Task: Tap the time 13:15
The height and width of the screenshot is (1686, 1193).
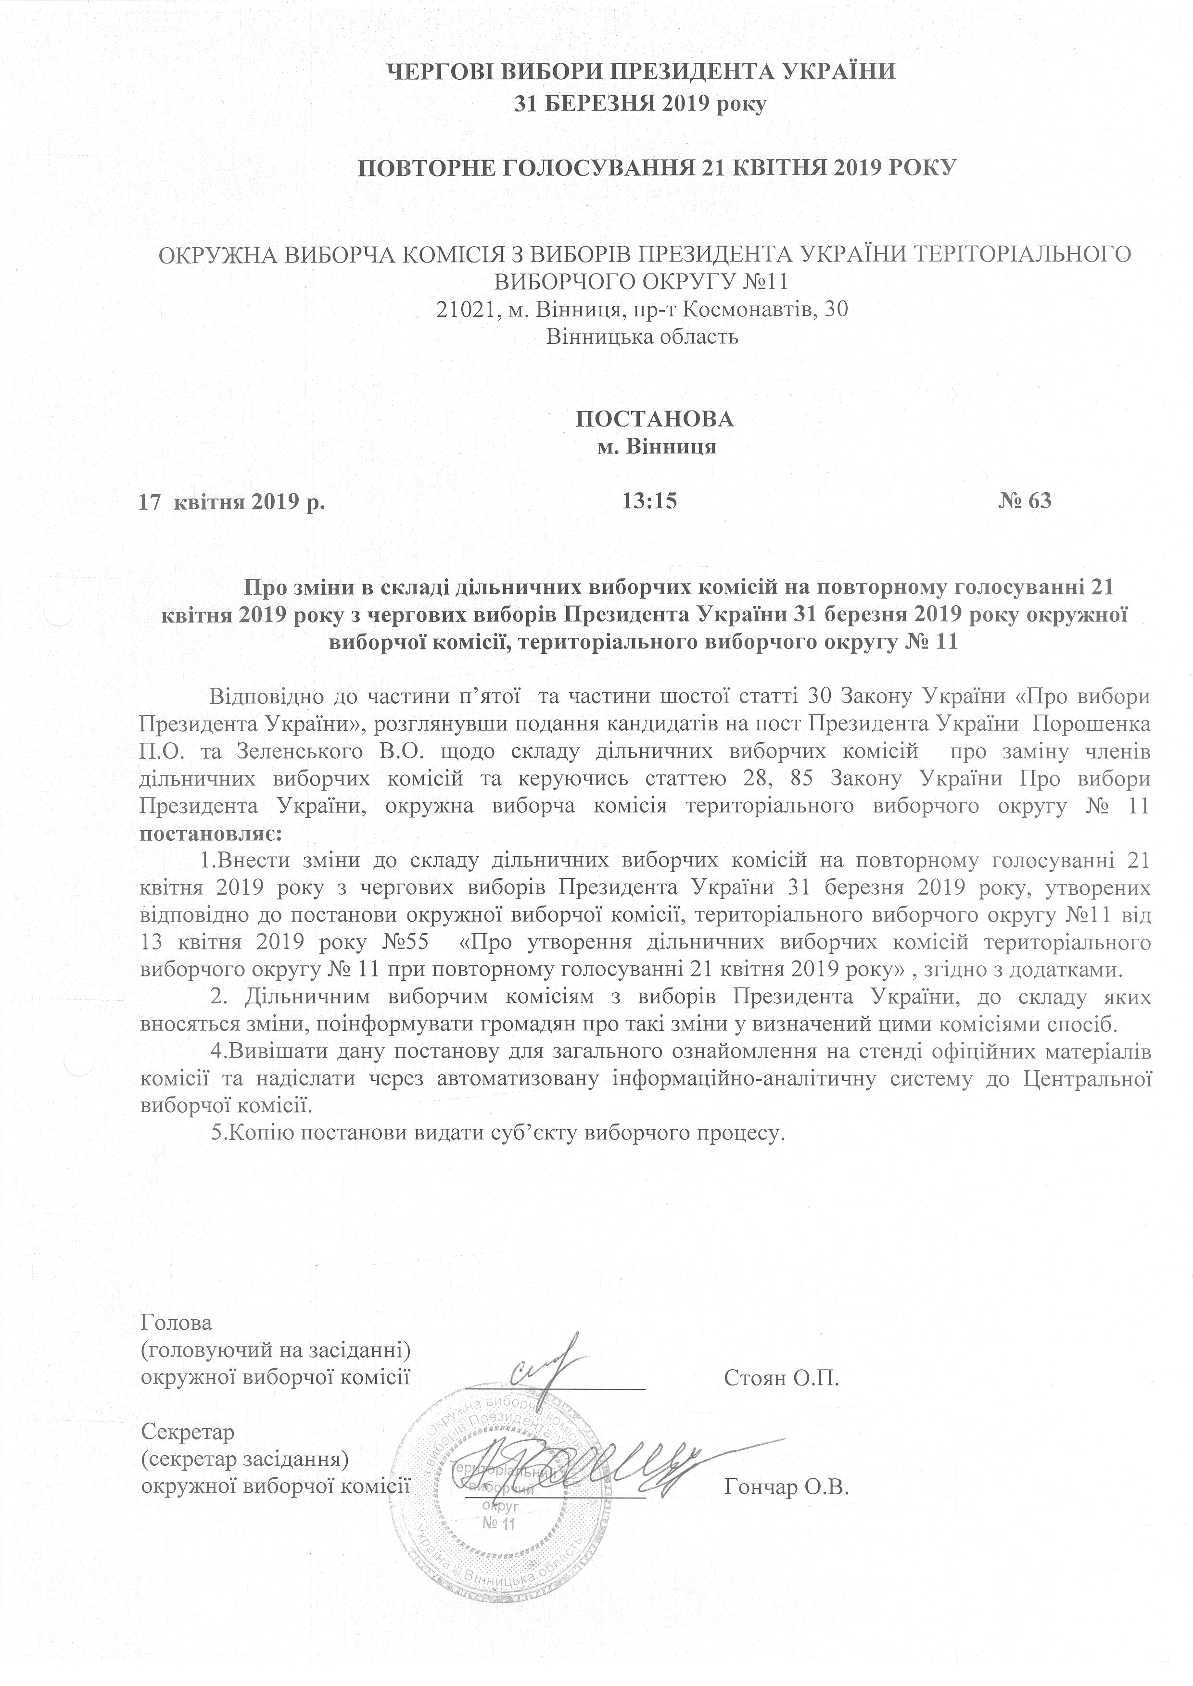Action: coord(648,501)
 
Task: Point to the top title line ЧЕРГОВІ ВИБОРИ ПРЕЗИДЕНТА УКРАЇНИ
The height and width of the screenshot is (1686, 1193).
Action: coord(641,72)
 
